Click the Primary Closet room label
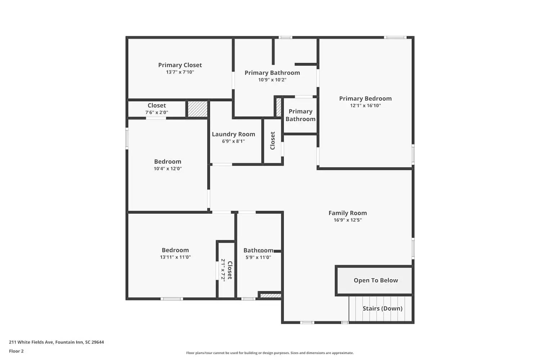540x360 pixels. tap(180, 65)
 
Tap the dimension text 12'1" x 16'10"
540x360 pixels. tap(365, 105)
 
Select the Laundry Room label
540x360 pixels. tap(233, 134)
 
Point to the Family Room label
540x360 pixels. tap(347, 213)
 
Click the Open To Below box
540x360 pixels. tap(374, 280)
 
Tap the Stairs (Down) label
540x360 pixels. tap(382, 309)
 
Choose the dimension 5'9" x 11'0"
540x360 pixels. tap(258, 257)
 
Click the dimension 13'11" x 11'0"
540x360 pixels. tap(175, 257)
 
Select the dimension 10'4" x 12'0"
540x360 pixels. tap(168, 168)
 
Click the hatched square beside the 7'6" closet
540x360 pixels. tap(198, 109)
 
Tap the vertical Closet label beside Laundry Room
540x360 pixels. tap(273, 141)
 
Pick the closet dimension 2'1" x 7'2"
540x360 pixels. tap(223, 270)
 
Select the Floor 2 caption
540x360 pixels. tap(16, 351)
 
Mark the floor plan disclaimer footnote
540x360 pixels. tap(270, 353)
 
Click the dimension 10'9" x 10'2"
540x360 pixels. tap(272, 80)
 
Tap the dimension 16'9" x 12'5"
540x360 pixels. tap(347, 220)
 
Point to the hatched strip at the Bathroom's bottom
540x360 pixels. tap(270, 296)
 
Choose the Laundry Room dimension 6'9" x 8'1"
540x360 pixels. tap(233, 141)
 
